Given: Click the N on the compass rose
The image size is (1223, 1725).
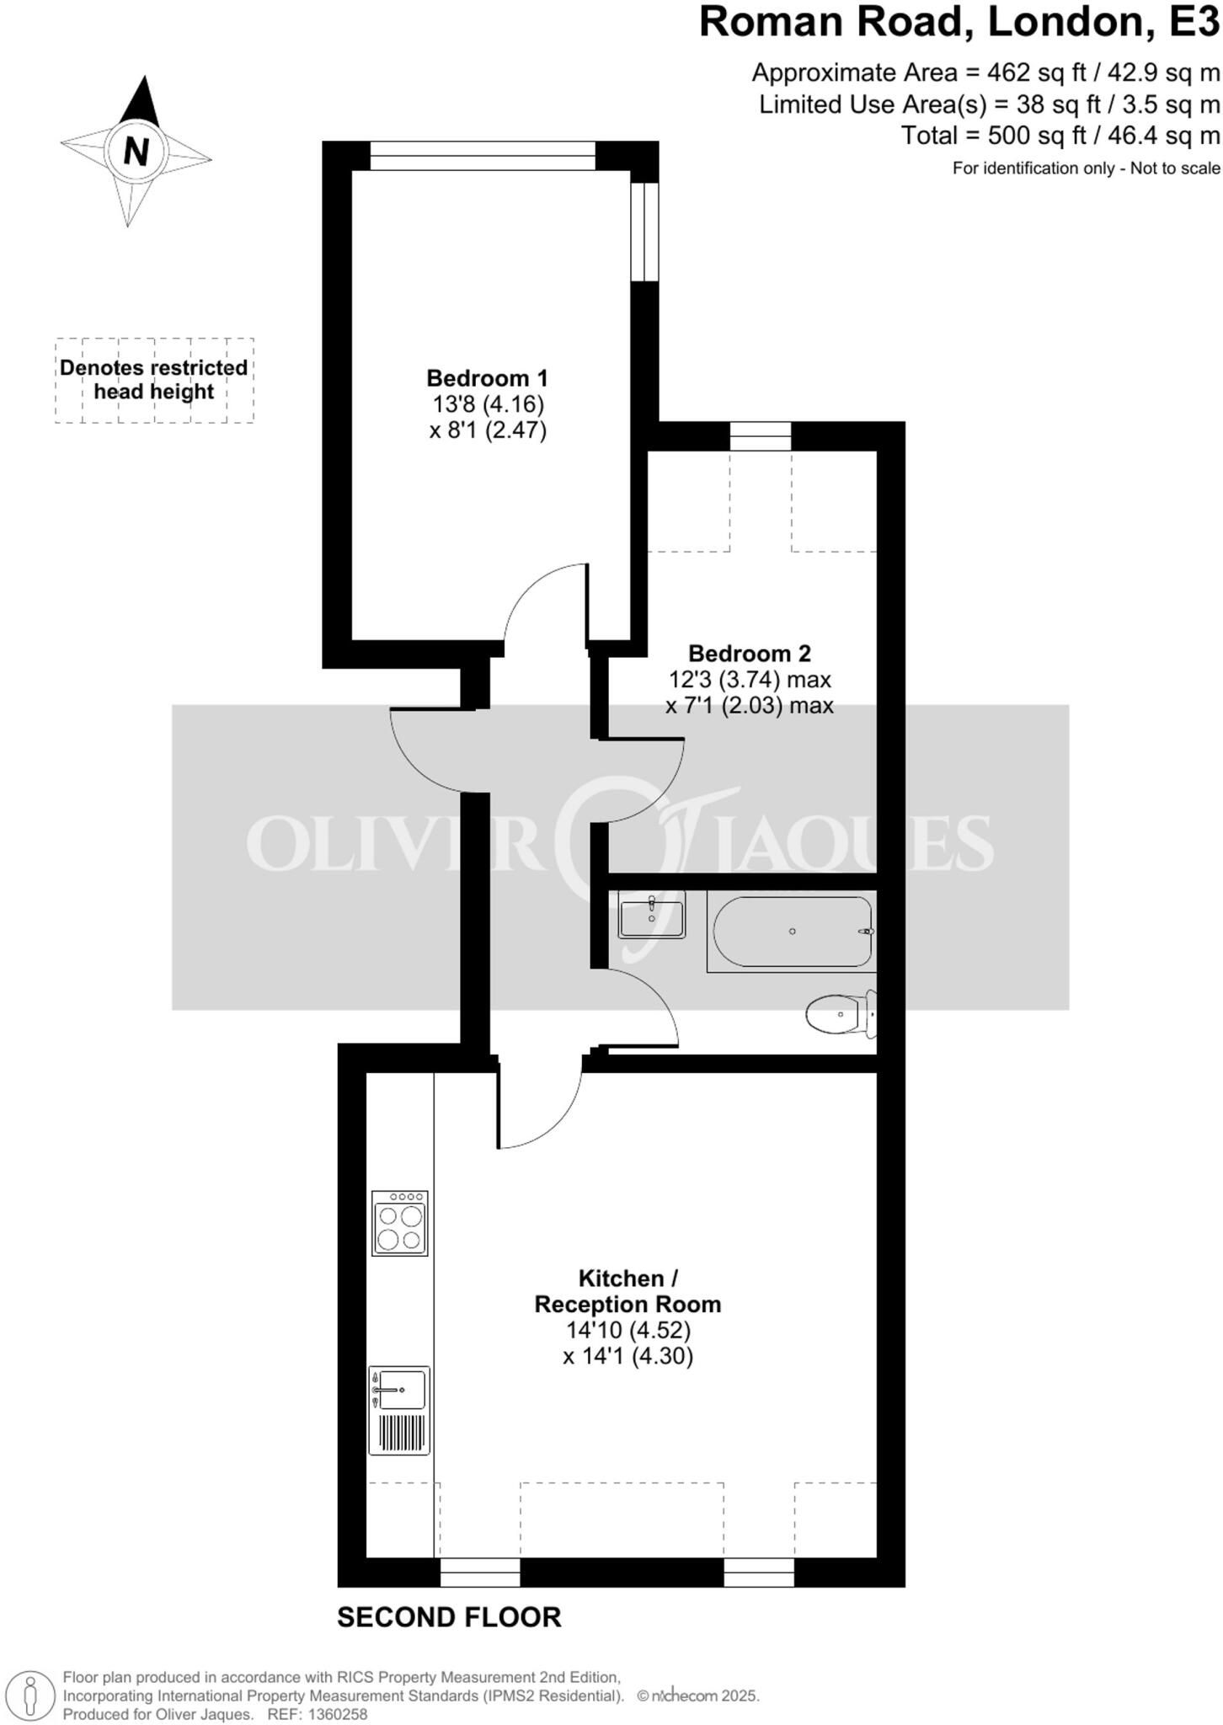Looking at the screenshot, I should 136,152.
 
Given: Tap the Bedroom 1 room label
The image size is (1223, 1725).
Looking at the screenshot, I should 487,377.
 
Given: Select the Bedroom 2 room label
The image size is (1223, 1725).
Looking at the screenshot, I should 749,653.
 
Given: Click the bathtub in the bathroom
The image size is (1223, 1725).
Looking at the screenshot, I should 792,932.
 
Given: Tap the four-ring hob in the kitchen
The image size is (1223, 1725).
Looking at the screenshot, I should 399,1223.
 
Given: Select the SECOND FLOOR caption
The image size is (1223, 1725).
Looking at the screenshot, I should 449,1618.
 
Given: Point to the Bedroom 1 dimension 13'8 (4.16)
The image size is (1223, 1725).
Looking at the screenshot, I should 489,403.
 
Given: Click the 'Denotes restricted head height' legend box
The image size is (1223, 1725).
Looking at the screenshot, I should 154,380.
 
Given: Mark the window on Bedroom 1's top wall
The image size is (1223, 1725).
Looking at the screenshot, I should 483,156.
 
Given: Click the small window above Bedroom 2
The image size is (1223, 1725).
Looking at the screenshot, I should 760,435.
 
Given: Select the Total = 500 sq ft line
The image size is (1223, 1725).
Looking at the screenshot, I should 1060,136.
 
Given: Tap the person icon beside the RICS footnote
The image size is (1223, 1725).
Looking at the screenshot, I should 30,1694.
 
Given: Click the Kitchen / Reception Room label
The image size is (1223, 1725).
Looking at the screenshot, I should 628,1291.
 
